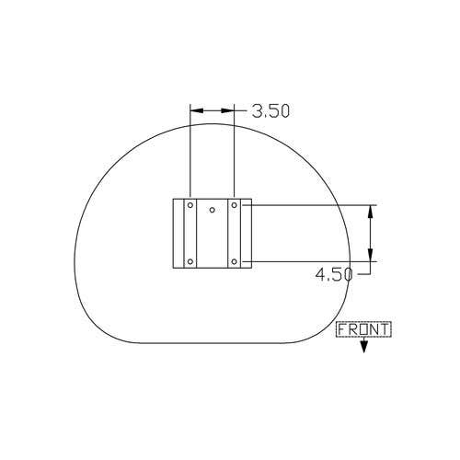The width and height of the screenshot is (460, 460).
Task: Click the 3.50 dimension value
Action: (x=270, y=111)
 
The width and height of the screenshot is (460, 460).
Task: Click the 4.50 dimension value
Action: (x=334, y=274)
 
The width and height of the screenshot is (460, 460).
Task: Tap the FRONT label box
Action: (x=363, y=329)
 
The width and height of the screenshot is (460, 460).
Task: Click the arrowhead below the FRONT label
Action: (x=363, y=347)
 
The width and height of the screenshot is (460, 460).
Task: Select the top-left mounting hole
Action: (x=190, y=205)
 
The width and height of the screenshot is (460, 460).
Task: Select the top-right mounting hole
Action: (x=234, y=205)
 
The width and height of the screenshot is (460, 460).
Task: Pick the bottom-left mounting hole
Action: (x=190, y=261)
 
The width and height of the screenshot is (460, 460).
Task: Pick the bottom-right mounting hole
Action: (x=234, y=261)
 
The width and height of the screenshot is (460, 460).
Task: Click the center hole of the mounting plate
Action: (x=212, y=210)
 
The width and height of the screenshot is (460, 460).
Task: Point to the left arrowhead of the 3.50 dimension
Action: (x=197, y=110)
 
